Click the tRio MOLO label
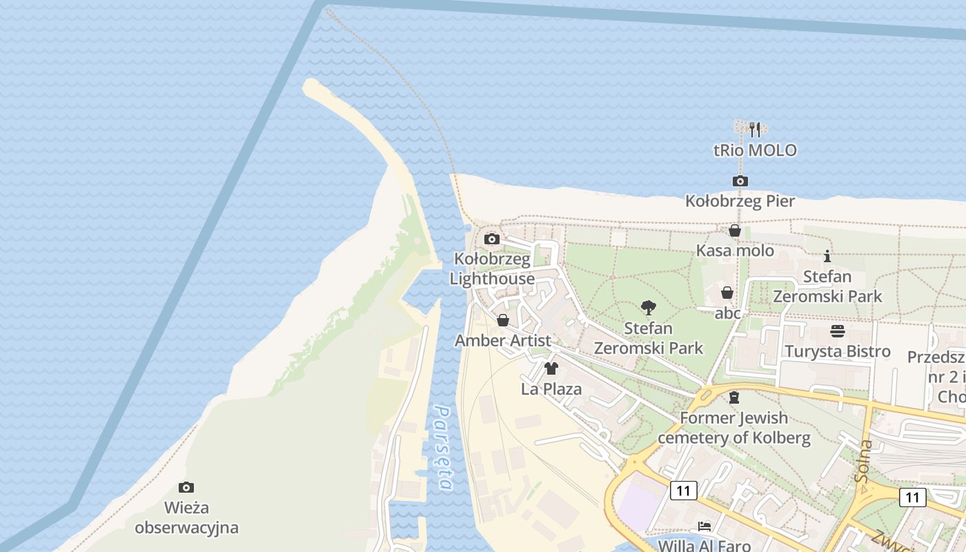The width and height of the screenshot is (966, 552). point(755,150)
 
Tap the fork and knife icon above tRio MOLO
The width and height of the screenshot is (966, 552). point(755,129)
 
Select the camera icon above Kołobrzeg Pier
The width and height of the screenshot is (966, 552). point(740,181)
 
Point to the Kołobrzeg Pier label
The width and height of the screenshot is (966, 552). point(740,201)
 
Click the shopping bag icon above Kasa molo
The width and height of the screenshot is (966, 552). point(735,230)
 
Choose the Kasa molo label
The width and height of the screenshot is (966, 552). point(735,250)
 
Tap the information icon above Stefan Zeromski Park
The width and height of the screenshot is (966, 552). point(827,257)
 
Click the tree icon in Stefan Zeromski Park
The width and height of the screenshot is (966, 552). point(648,308)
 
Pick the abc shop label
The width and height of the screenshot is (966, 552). point(727,313)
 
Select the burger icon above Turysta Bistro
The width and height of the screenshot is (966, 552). point(837,331)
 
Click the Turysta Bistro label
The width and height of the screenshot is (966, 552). point(837,351)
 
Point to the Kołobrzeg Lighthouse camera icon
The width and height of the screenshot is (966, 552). point(492,239)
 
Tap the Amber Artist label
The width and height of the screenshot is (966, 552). point(503,341)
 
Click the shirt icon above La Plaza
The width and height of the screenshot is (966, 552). point(551,368)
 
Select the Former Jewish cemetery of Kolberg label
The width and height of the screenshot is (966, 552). point(733,428)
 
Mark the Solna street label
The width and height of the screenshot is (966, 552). point(863,461)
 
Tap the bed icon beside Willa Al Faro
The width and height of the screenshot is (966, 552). point(704,526)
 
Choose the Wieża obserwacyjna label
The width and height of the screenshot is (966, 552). point(186,518)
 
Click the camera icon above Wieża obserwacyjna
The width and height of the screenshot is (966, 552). point(186,487)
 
